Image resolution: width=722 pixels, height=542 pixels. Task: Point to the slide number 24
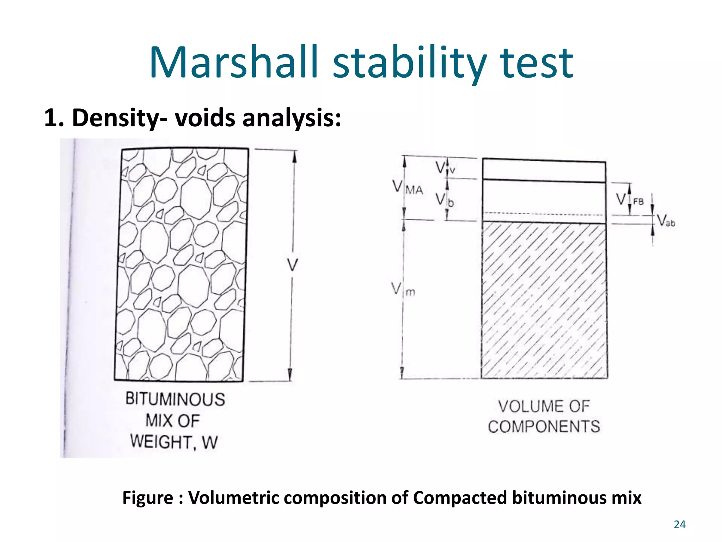(679, 525)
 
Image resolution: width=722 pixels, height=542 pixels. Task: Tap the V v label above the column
(445, 168)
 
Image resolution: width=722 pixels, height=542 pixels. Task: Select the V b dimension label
(444, 200)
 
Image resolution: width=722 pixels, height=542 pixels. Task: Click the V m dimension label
(403, 289)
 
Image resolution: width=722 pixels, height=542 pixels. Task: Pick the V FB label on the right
(630, 200)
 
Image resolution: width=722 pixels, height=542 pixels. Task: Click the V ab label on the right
(666, 221)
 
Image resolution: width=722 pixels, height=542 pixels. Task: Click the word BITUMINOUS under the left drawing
(175, 399)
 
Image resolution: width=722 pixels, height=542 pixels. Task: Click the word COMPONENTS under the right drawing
(544, 427)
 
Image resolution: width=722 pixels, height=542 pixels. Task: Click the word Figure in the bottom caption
(147, 498)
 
